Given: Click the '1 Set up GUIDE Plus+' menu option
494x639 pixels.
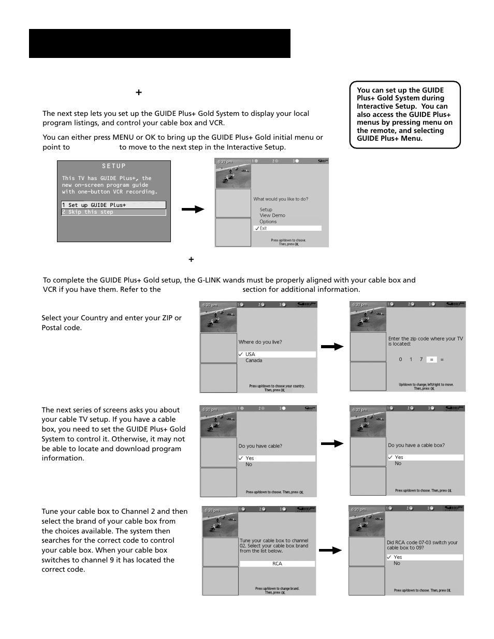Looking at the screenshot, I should pyautogui.click(x=113, y=205).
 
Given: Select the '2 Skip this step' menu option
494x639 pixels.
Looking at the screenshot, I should pyautogui.click(x=113, y=212).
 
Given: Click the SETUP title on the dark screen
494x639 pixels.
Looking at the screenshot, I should pyautogui.click(x=114, y=166).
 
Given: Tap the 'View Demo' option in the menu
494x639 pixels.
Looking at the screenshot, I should pyautogui.click(x=272, y=215).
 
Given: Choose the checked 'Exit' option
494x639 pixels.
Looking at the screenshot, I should pyautogui.click(x=287, y=228).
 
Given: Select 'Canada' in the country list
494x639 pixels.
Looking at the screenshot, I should pyautogui.click(x=254, y=361).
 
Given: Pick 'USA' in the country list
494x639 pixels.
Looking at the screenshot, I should pyautogui.click(x=277, y=354).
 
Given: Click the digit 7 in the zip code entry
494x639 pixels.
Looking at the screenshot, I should pyautogui.click(x=421, y=359).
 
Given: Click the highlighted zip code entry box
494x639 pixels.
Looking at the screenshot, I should pyautogui.click(x=431, y=359).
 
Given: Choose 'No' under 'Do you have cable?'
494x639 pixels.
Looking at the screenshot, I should pyautogui.click(x=249, y=465).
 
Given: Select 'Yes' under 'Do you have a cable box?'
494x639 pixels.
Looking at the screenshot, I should pyautogui.click(x=425, y=457).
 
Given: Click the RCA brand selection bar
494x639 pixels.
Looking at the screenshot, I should pyautogui.click(x=277, y=563).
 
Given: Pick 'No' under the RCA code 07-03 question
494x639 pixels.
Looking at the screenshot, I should pyautogui.click(x=397, y=563).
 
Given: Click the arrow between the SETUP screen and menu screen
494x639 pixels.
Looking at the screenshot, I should pyautogui.click(x=193, y=210).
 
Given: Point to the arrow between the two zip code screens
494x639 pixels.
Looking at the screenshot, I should pyautogui.click(x=332, y=347).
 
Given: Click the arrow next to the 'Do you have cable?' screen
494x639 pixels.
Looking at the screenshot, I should pyautogui.click(x=332, y=443).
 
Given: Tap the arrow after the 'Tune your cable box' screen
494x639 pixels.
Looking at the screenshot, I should pyautogui.click(x=330, y=551).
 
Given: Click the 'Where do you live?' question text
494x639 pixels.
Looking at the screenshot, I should pyautogui.click(x=260, y=342).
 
